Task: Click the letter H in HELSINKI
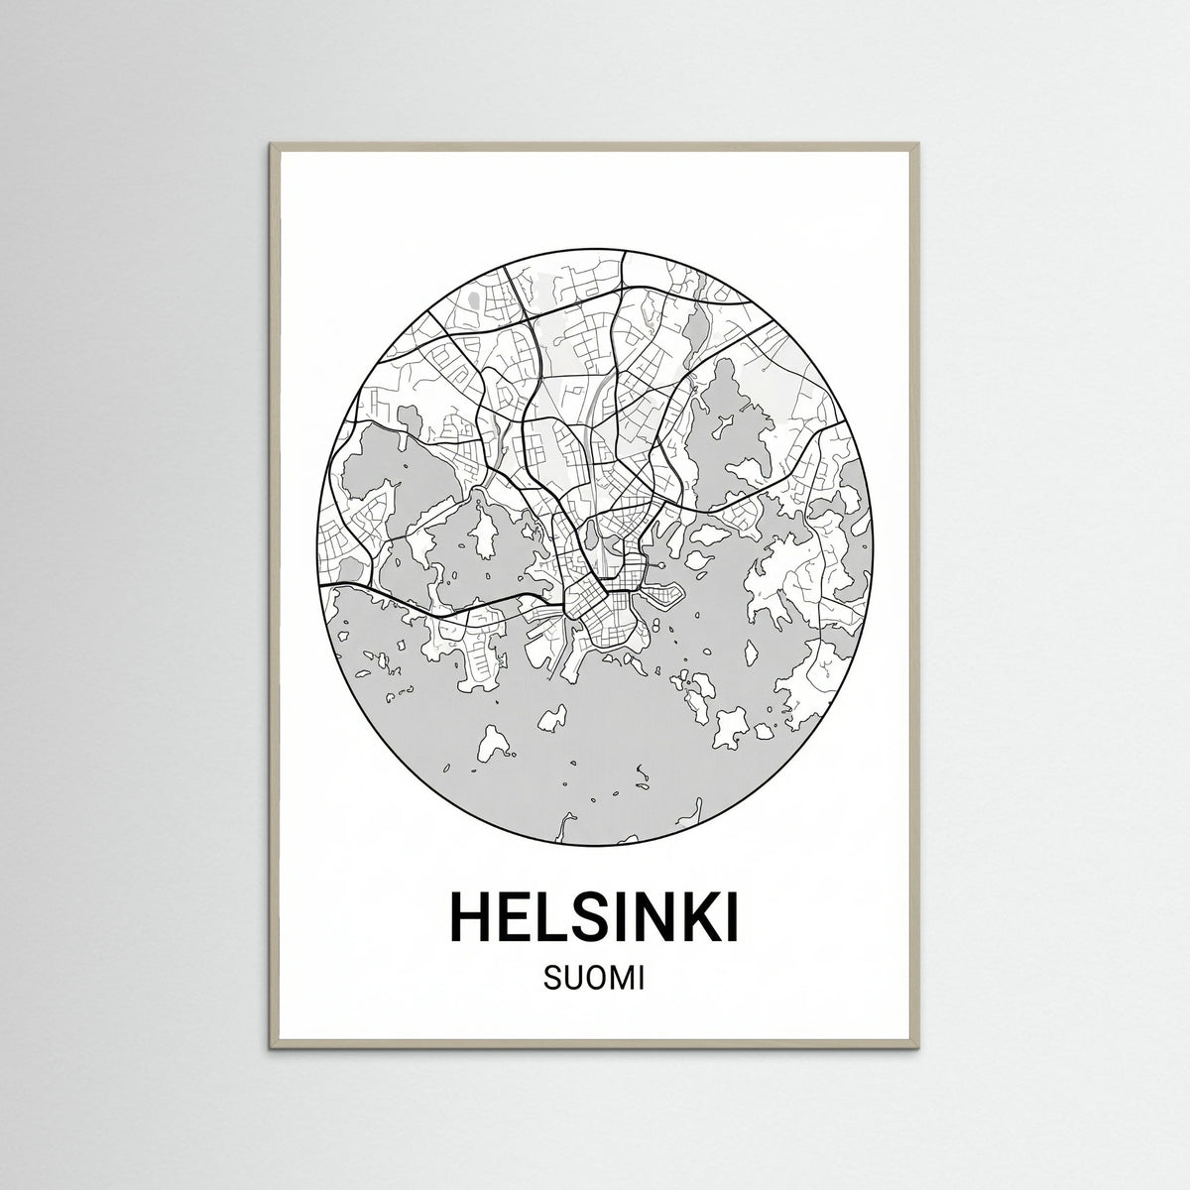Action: (473, 917)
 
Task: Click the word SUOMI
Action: (594, 980)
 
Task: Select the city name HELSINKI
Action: (595, 917)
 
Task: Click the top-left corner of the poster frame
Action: (270, 145)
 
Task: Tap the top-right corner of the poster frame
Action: (920, 145)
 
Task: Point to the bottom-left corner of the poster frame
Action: (270, 1046)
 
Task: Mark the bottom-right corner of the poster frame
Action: (920, 1046)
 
